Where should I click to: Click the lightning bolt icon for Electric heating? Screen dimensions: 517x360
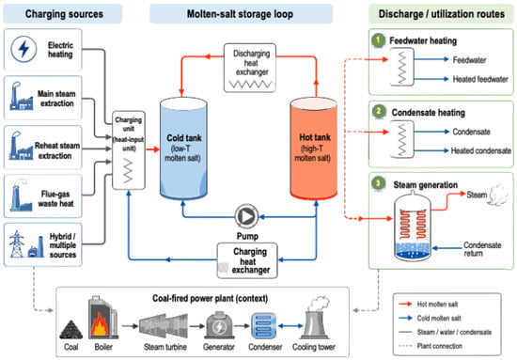[23, 49]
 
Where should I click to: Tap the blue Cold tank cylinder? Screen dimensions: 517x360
[183, 149]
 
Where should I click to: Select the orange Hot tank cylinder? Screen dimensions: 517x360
[314, 149]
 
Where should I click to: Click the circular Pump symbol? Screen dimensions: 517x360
[246, 216]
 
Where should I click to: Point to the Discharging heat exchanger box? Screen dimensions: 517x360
[250, 68]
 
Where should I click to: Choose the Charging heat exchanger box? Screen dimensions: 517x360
[247, 260]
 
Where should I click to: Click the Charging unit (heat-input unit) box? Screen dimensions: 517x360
[129, 150]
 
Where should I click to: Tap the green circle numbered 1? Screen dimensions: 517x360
[378, 40]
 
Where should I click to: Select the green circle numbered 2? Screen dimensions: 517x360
[379, 112]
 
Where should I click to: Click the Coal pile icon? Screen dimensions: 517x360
[70, 330]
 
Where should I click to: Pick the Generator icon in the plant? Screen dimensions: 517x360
[219, 326]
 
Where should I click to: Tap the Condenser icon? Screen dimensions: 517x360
[264, 326]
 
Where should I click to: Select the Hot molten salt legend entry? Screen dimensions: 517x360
[429, 304]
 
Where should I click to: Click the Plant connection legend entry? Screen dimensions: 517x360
[431, 346]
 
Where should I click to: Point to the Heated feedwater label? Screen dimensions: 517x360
[480, 79]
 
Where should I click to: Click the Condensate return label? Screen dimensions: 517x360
[482, 249]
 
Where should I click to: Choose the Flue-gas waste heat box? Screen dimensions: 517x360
[42, 196]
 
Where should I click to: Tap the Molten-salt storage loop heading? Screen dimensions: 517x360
[241, 14]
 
